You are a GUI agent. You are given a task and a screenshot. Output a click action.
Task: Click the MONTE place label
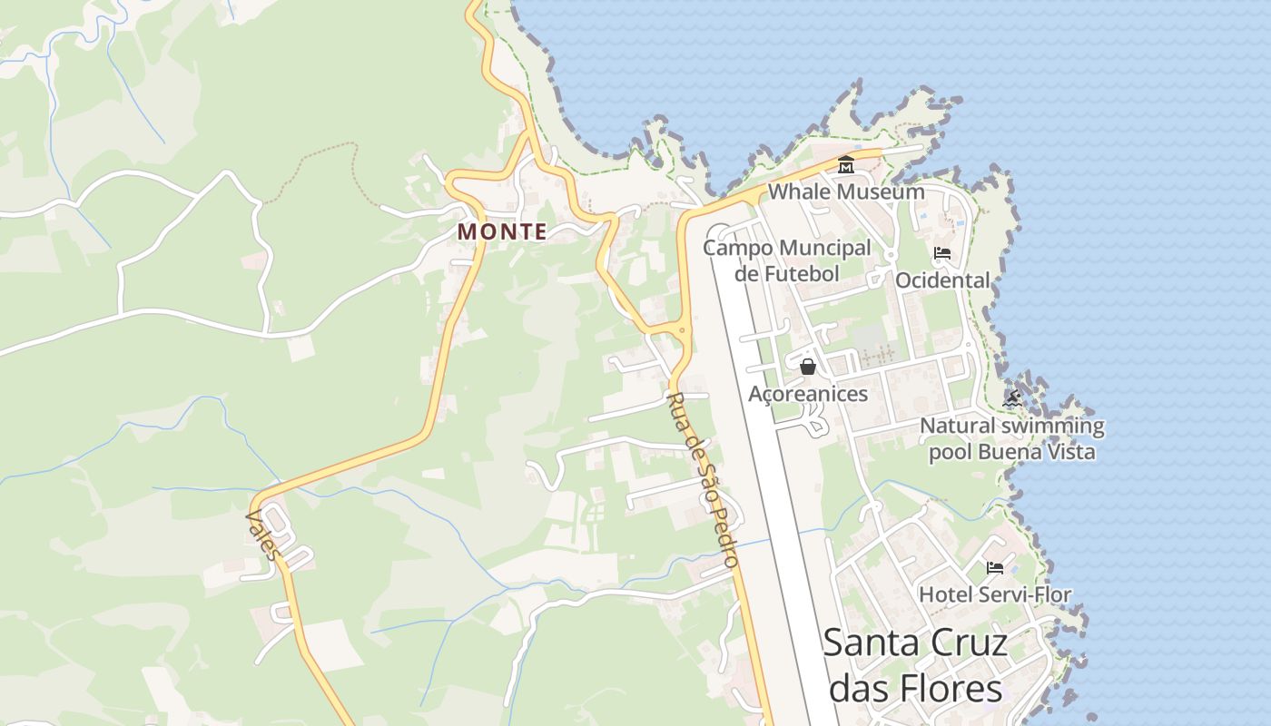click(502, 231)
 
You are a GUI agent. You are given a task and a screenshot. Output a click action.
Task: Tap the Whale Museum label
click(846, 191)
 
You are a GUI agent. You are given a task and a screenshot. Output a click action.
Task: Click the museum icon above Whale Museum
click(846, 164)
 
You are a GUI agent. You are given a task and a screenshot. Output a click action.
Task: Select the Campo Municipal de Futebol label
click(786, 260)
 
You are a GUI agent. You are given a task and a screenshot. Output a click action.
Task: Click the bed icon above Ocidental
click(942, 253)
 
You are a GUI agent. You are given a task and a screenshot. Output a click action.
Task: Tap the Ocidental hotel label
click(942, 280)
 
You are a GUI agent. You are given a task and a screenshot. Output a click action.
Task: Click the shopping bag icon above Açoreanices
click(808, 367)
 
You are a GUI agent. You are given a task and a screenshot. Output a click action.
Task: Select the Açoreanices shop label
click(808, 394)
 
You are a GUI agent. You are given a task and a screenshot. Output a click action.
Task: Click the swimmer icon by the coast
click(1012, 398)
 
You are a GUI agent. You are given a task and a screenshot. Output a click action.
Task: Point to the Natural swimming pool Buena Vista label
click(1012, 438)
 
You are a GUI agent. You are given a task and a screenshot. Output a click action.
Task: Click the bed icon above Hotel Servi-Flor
click(995, 568)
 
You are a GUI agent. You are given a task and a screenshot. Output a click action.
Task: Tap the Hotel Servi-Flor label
click(995, 595)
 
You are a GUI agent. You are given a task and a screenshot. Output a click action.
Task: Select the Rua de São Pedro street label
click(702, 480)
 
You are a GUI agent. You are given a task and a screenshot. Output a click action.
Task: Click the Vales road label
click(262, 535)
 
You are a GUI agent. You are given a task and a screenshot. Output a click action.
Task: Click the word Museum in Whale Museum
click(880, 191)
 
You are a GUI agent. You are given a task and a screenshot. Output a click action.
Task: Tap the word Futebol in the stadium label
click(800, 272)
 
